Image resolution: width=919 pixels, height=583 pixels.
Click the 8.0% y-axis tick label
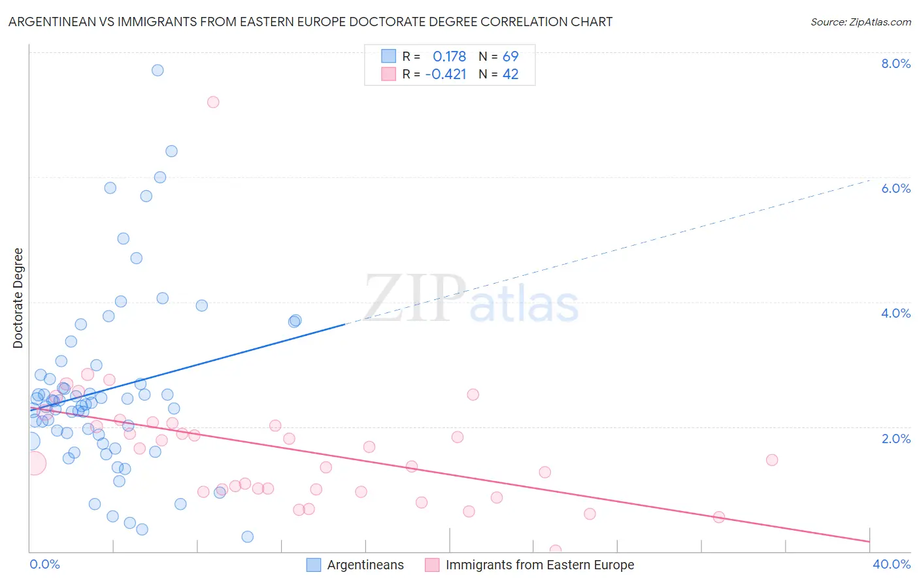[x=895, y=63]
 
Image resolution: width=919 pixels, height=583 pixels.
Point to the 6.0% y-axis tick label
[x=895, y=188]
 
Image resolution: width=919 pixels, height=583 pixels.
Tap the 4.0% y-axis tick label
[x=895, y=313]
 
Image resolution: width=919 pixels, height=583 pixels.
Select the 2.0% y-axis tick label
[x=895, y=439]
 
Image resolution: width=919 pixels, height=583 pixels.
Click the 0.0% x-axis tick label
[x=44, y=565]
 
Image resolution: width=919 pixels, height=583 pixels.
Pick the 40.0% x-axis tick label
[x=891, y=565]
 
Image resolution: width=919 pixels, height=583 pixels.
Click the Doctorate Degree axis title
[x=18, y=298]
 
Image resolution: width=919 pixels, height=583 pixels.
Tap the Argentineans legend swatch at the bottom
[x=314, y=565]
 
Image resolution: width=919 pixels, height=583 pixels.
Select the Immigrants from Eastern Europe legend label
[x=539, y=565]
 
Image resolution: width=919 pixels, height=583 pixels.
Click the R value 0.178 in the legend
[x=449, y=57]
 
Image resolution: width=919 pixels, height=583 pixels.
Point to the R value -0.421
[x=445, y=75]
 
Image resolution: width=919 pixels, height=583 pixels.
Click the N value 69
[x=510, y=57]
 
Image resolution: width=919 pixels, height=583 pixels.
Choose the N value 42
[x=510, y=75]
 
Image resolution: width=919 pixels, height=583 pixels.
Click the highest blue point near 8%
[x=158, y=70]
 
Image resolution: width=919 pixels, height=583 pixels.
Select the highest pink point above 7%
[x=213, y=102]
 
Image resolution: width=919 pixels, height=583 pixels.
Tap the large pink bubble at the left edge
[x=34, y=463]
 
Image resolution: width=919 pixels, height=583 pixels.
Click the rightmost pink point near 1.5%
[x=772, y=459]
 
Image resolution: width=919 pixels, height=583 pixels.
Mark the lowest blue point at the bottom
[x=248, y=537]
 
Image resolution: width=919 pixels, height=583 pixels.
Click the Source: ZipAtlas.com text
[x=860, y=22]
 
